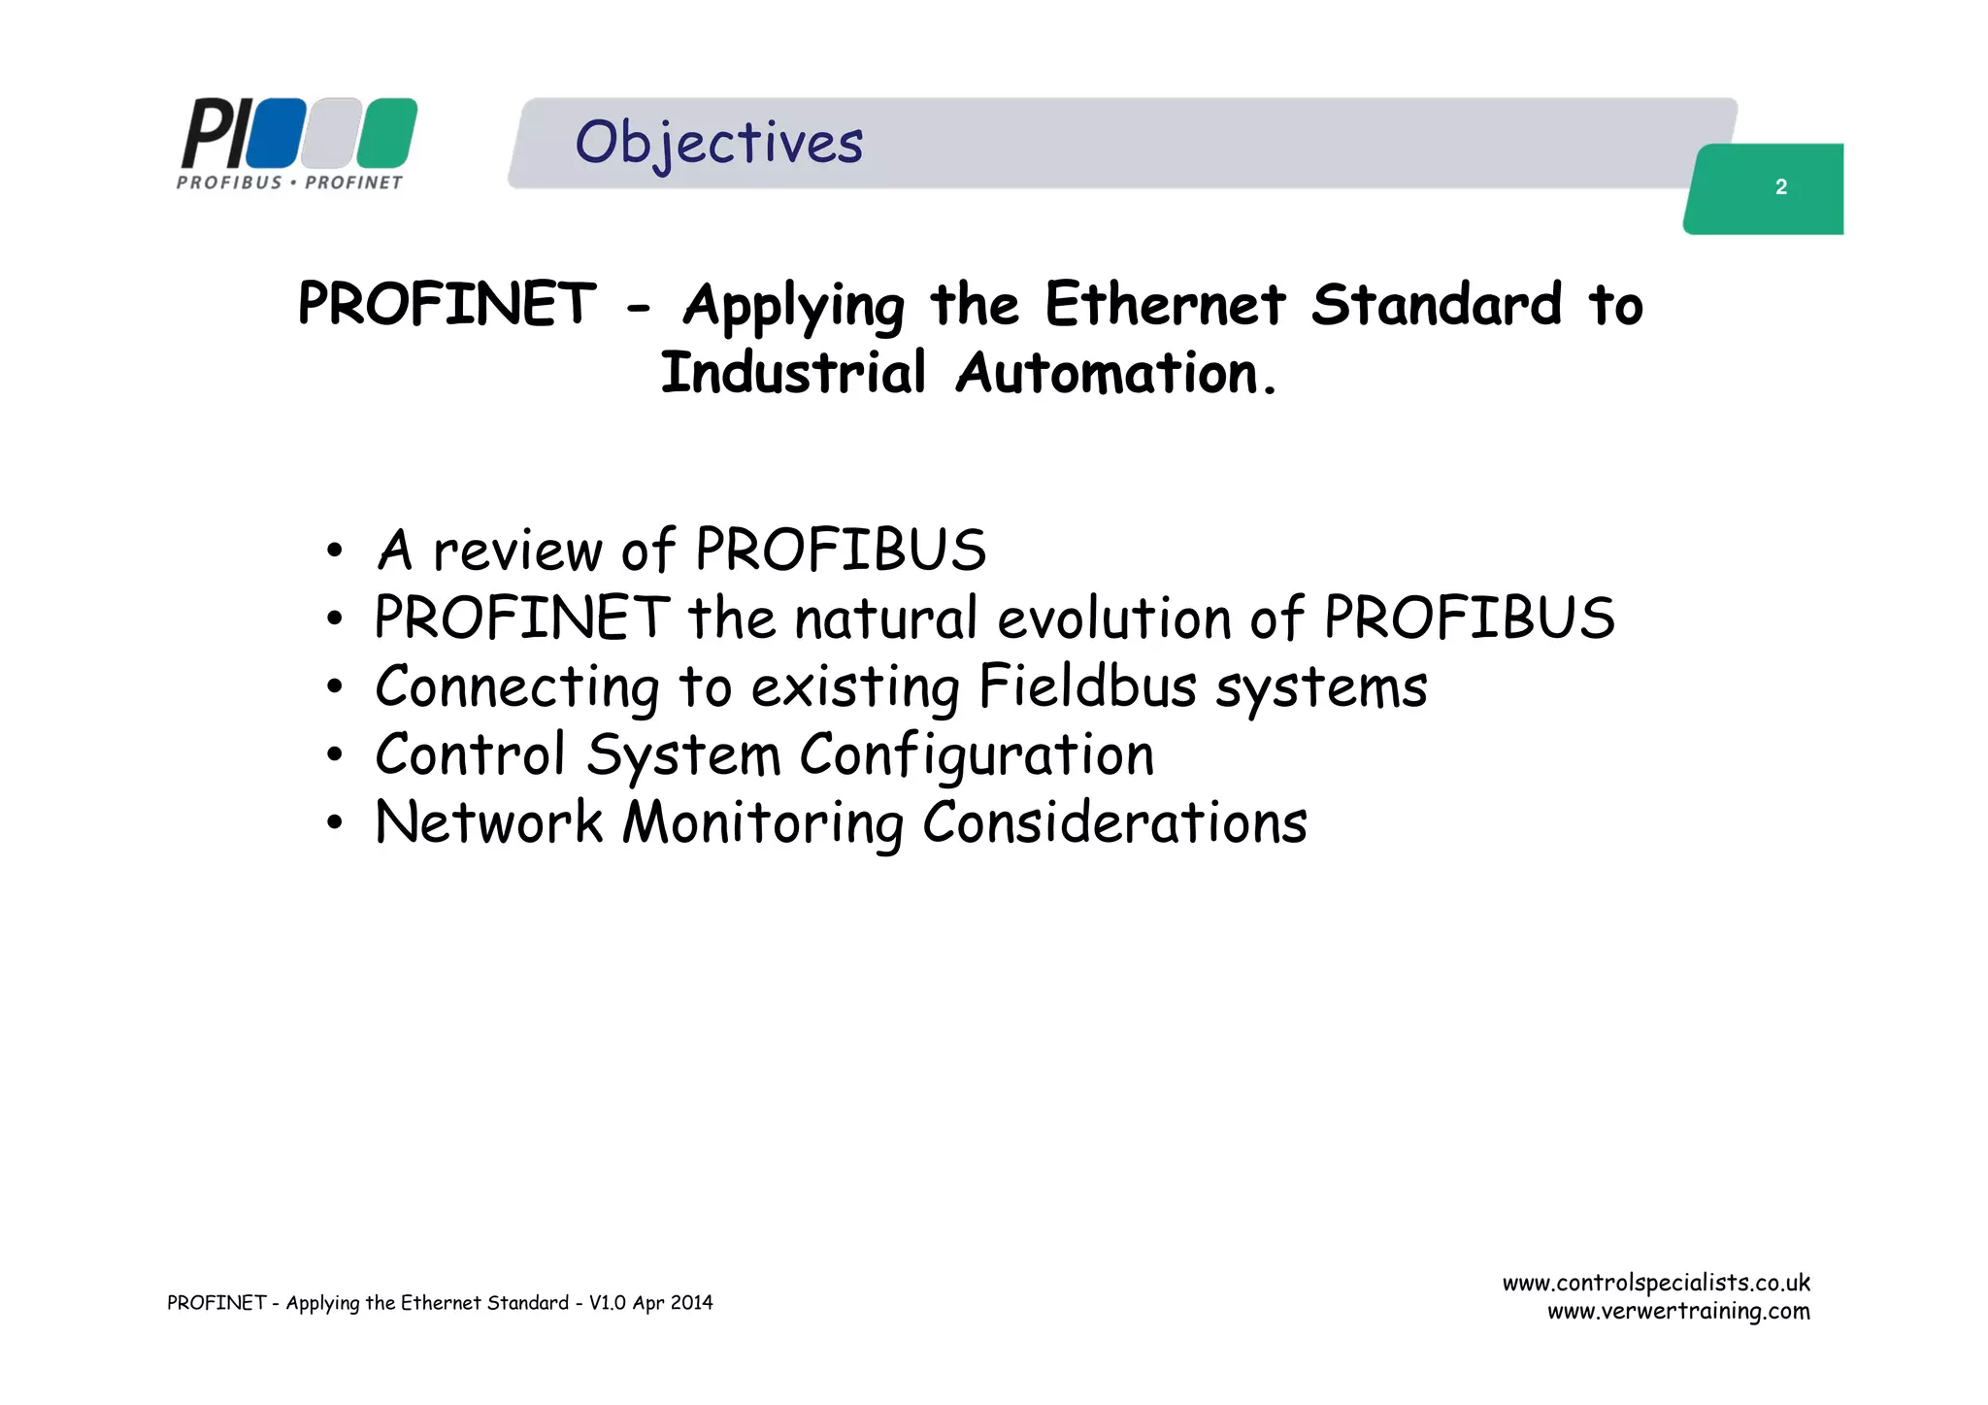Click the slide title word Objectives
[718, 143]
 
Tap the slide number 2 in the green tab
[1780, 187]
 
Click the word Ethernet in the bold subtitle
[1165, 304]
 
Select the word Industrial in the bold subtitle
[793, 373]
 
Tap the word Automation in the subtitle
[1108, 373]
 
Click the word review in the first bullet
[517, 552]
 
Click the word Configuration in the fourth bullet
[977, 755]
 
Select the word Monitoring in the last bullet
[763, 823]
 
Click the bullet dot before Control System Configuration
[335, 755]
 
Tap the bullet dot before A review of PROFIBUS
[335, 552]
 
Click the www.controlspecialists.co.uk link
[1656, 1283]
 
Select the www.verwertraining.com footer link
[1678, 1312]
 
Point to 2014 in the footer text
[691, 1303]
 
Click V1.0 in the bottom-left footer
[608, 1303]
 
